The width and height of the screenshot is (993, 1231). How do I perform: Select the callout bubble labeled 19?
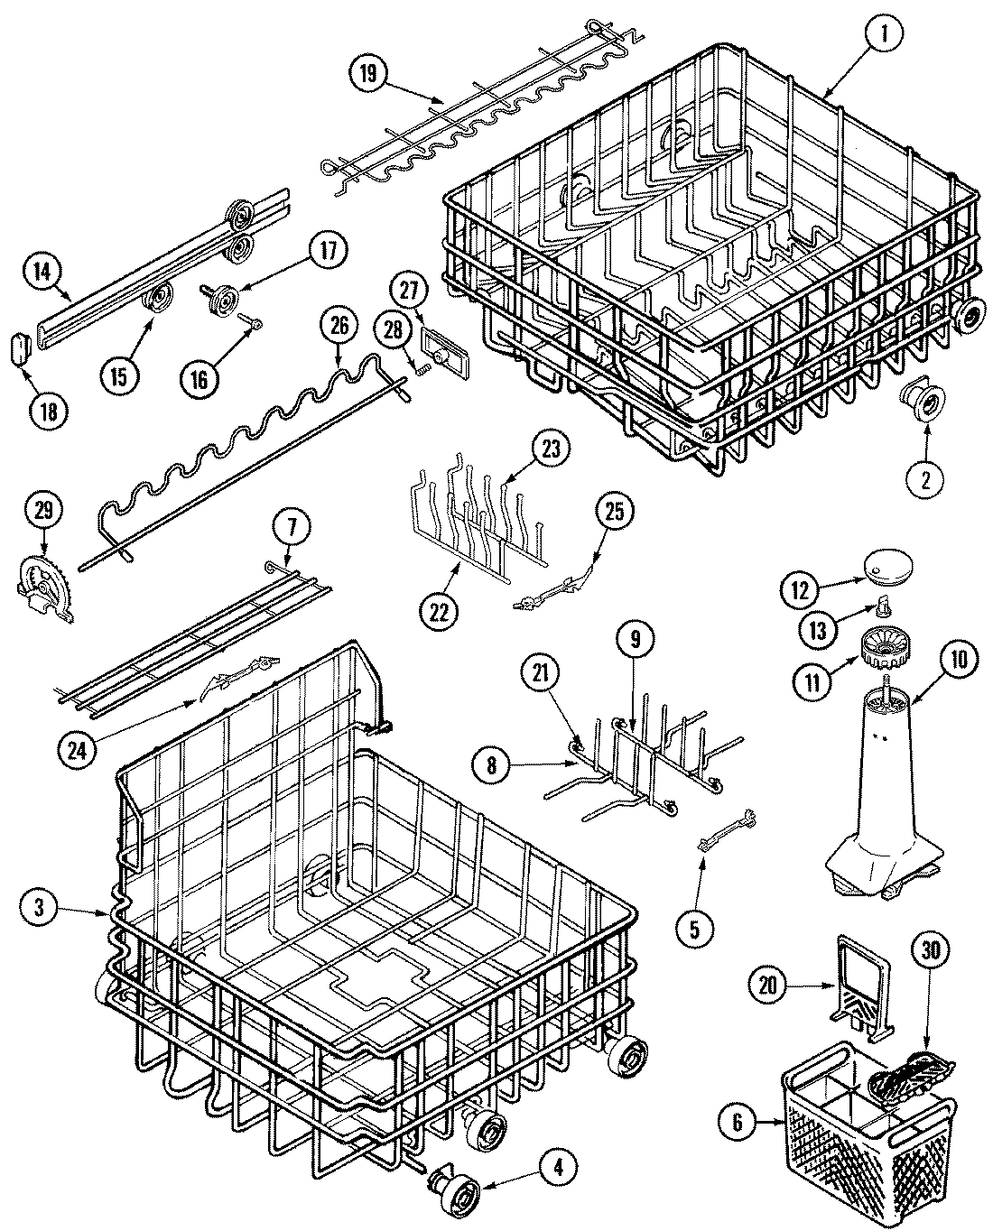368,74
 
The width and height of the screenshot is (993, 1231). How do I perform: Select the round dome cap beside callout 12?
888,568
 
